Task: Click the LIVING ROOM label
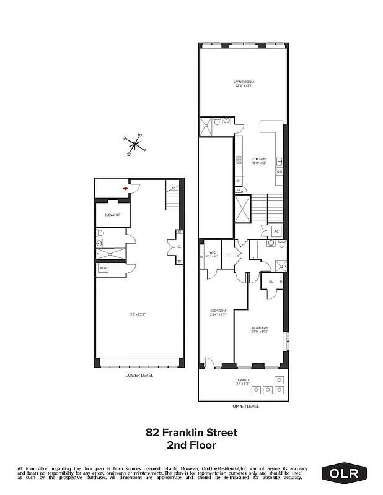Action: (244, 84)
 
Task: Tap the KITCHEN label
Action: (258, 160)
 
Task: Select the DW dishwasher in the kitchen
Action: (280, 171)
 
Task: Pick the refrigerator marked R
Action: (238, 181)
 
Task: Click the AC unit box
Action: (276, 231)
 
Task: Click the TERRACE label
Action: (242, 381)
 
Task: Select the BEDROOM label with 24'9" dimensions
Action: (260, 329)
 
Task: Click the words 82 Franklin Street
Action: (191, 433)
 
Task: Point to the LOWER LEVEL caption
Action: (139, 375)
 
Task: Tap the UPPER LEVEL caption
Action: (246, 406)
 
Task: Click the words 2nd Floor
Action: (191, 444)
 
